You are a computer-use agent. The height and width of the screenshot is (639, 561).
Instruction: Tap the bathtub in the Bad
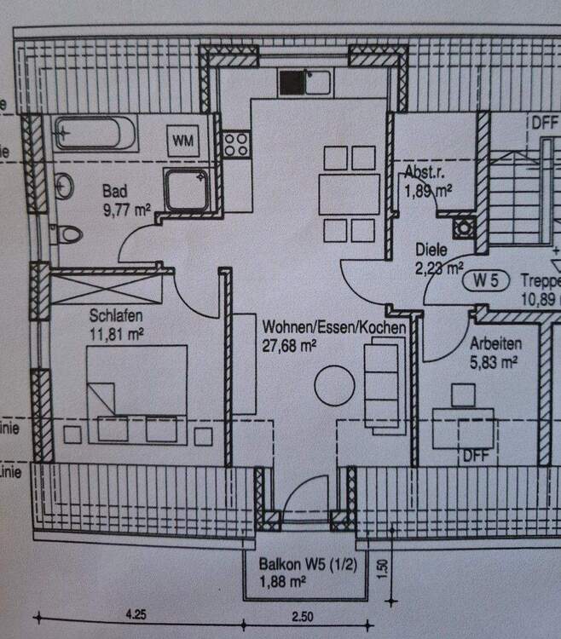[x=94, y=134]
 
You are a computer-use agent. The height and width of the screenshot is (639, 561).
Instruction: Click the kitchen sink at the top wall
[x=305, y=83]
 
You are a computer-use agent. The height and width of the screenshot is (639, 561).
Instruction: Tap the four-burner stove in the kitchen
[x=236, y=143]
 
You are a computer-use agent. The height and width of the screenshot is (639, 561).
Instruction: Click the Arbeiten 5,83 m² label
[x=494, y=353]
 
